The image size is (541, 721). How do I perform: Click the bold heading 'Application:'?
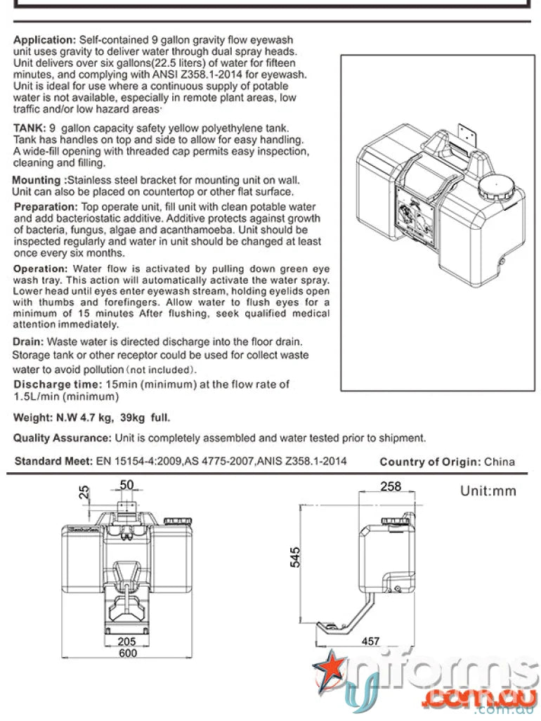tap(45, 41)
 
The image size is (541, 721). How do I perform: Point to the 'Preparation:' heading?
tap(46, 207)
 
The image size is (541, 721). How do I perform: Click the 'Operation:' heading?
tap(41, 269)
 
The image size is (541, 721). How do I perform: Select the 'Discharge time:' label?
tap(57, 384)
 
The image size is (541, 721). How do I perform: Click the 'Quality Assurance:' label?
tap(62, 438)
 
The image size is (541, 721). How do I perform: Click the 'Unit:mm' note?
tap(488, 491)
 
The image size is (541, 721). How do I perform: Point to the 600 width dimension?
tap(127, 652)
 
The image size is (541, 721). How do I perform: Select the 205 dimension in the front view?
tap(127, 640)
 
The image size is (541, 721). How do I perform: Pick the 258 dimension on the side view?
tap(390, 486)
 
